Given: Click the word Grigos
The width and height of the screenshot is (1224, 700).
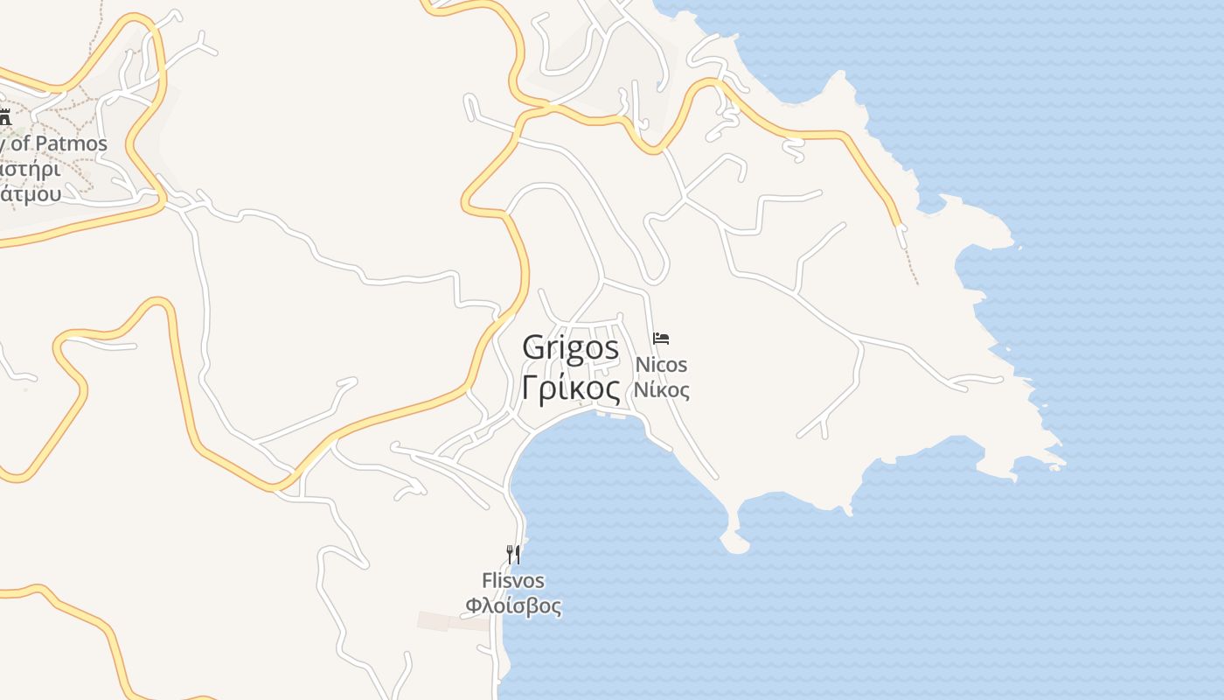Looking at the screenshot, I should (570, 347).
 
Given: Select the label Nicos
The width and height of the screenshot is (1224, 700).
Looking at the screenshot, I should (661, 364).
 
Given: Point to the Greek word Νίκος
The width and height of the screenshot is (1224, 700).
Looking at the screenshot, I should (661, 390).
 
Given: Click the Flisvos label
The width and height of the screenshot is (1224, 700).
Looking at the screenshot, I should (513, 581).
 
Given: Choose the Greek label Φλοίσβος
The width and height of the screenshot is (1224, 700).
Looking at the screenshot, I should (513, 605).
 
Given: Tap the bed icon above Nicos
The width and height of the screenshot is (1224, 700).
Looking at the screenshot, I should (661, 339).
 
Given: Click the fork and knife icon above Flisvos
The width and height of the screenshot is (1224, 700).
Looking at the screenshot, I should (513, 554).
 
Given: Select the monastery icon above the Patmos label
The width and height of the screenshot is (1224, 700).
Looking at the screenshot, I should (4, 116).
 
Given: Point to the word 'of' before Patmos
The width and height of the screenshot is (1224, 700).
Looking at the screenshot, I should (21, 143).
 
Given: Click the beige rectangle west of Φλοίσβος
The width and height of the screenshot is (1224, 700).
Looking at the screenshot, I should (453, 622).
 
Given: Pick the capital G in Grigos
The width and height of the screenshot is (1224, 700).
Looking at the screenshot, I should (532, 347).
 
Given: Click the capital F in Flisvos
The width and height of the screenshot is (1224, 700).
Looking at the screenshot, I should (487, 581).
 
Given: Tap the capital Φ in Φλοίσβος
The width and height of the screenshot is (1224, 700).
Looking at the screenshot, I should (473, 605).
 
